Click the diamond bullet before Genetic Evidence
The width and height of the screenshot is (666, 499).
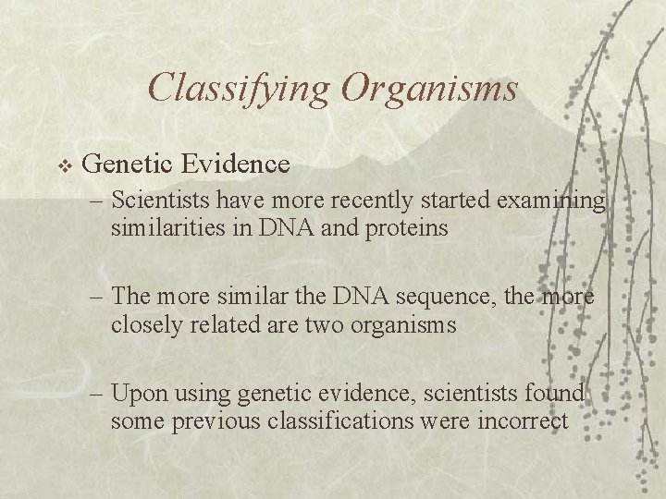coord(64,165)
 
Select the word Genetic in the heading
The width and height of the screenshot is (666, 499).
coord(127,164)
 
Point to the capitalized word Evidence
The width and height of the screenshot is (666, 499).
coord(236,164)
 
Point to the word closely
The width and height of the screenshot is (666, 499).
coord(142,324)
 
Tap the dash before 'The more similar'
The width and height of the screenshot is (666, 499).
coord(99,298)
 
